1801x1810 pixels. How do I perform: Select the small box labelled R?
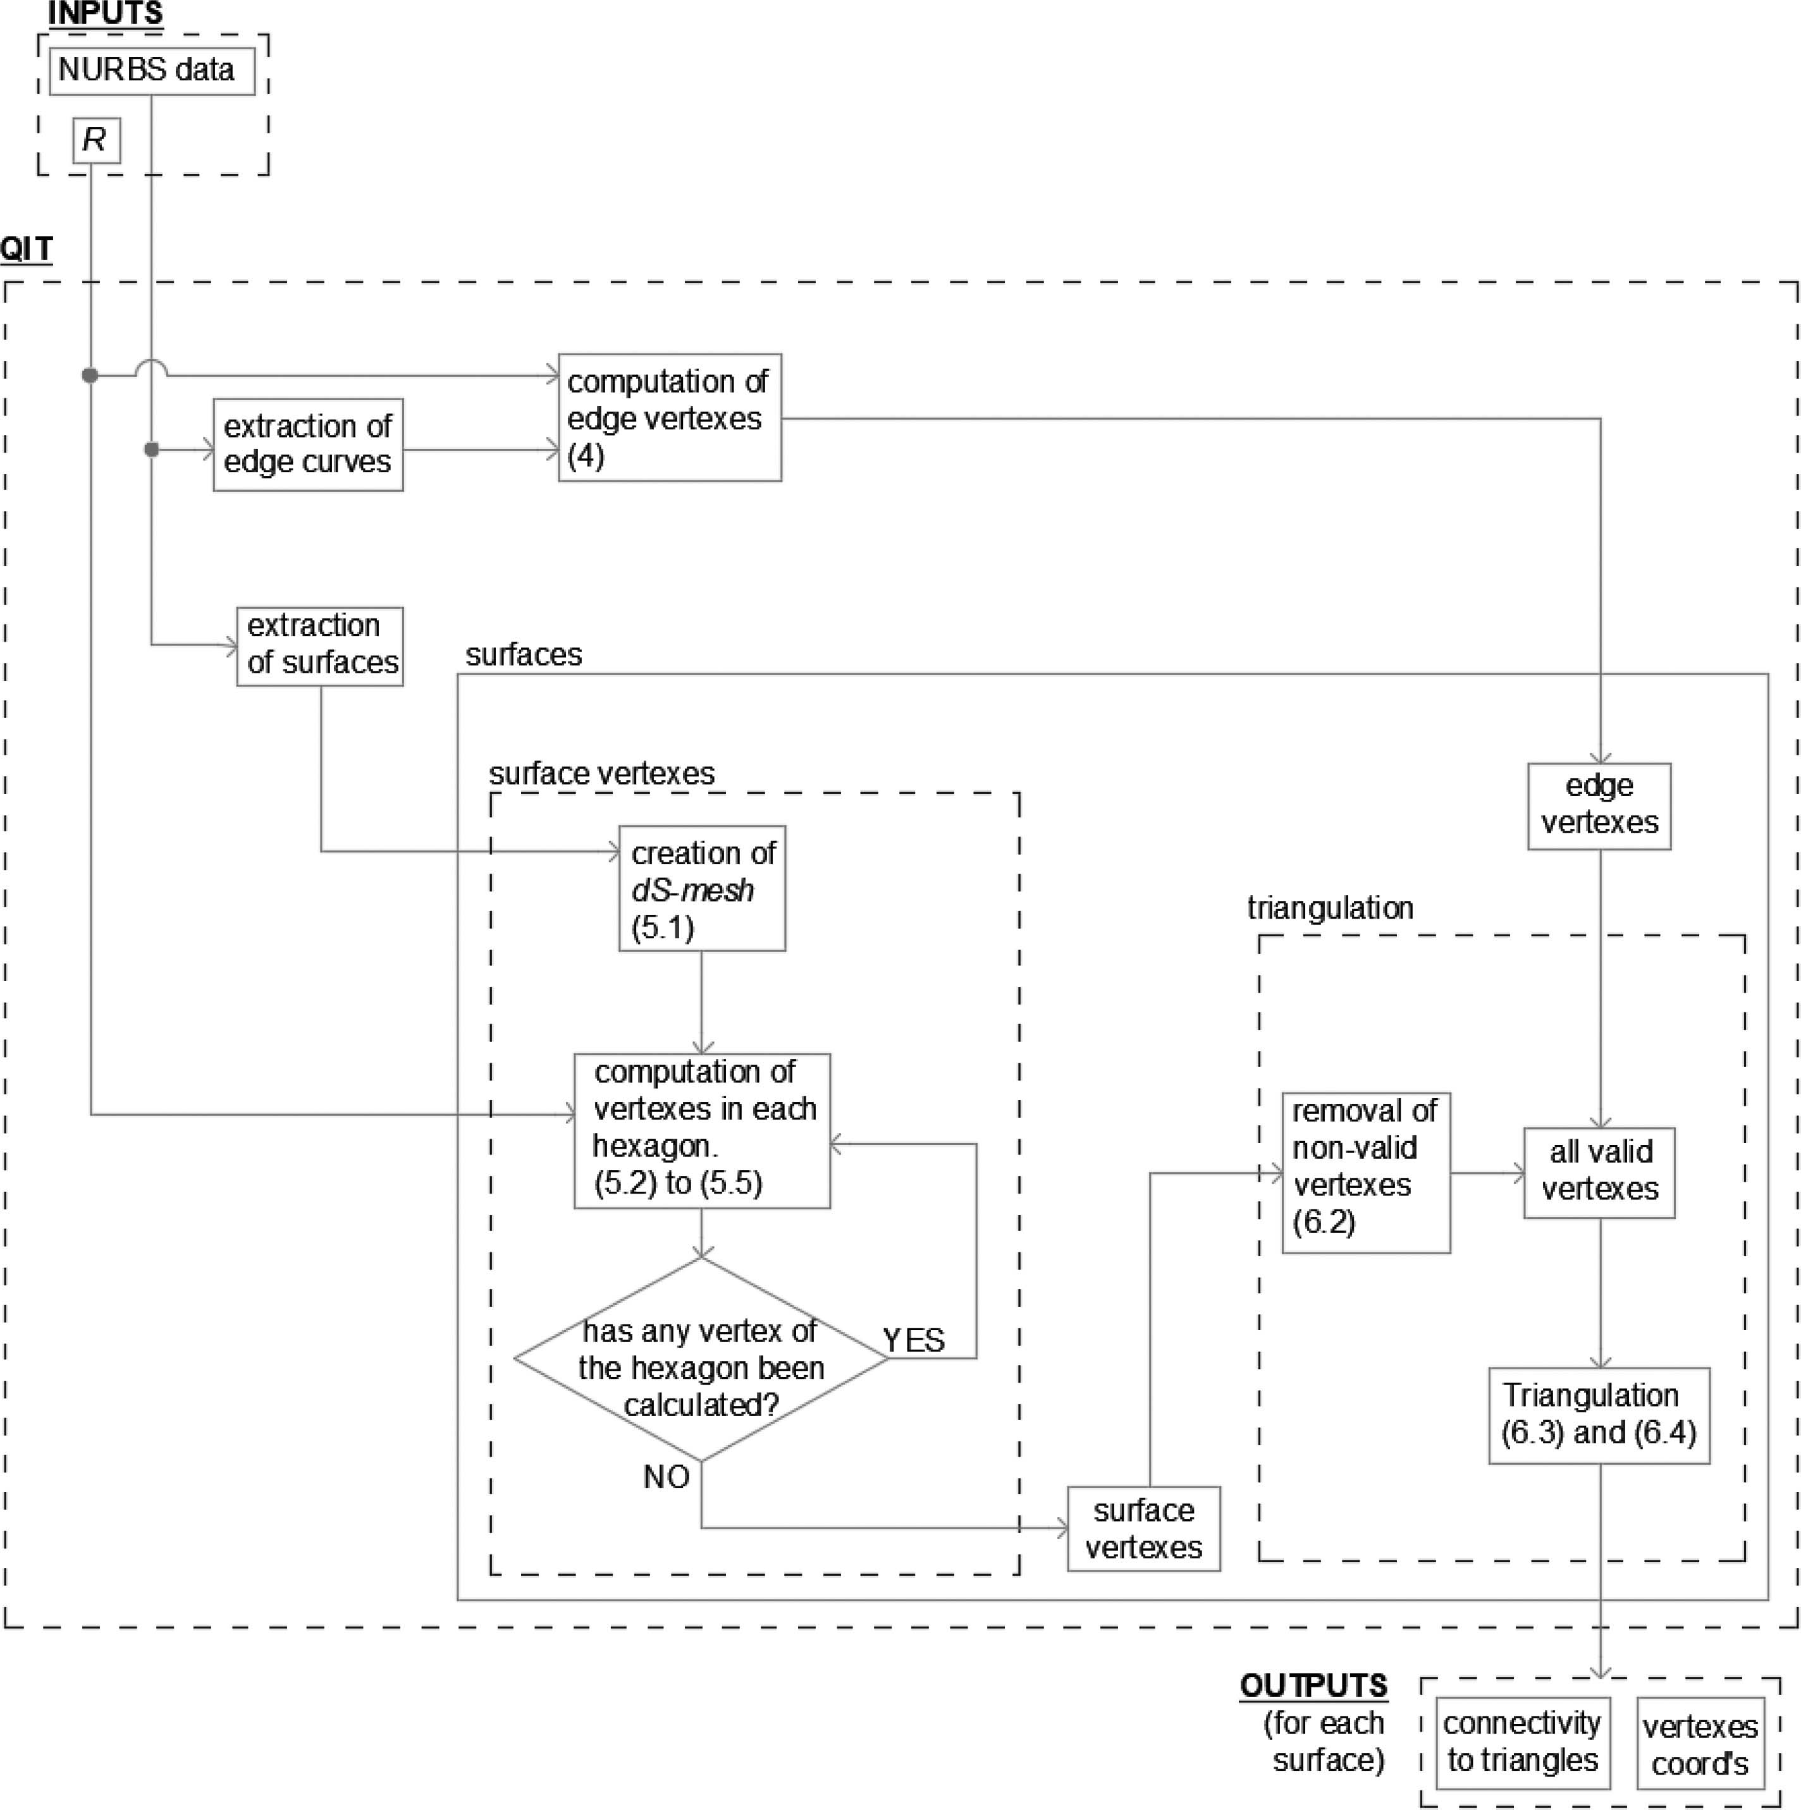pos(97,140)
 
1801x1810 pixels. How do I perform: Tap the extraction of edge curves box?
pos(309,444)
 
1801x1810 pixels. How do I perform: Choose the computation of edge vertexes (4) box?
pos(670,418)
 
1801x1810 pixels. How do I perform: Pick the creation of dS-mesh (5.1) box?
pos(702,888)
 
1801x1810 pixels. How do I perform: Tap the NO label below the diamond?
pos(667,1477)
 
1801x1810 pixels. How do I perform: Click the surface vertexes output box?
pos(1143,1528)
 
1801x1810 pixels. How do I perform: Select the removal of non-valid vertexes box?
pos(1365,1172)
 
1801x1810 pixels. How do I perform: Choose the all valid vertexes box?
pos(1599,1172)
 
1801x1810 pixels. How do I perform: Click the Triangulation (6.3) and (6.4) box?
pos(1599,1415)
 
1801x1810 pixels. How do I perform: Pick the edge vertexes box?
pos(1599,805)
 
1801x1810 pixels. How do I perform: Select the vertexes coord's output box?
pos(1700,1744)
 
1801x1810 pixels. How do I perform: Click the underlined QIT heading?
pos(26,249)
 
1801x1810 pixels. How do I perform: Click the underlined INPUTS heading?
pos(105,14)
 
